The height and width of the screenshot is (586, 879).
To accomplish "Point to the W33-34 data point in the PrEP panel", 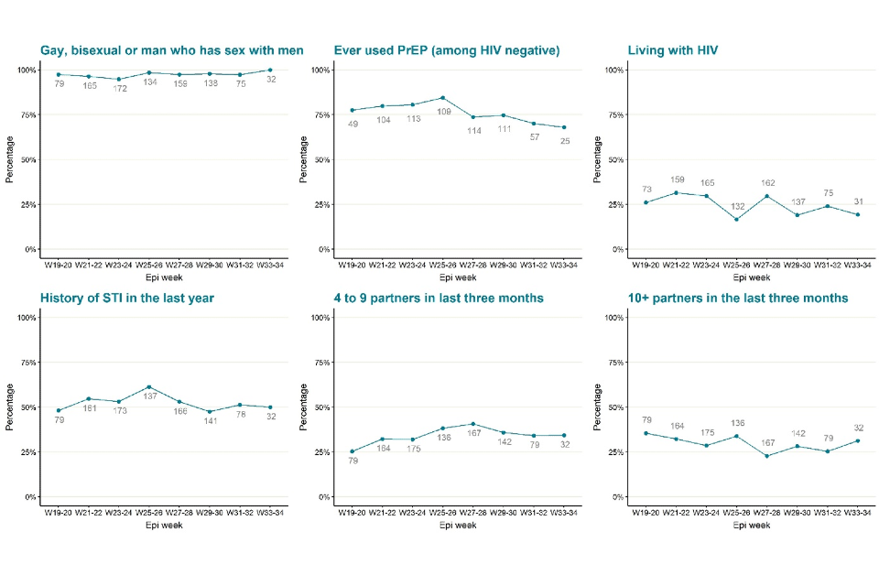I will point(563,127).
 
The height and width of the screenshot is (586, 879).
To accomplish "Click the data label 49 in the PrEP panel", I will point(352,123).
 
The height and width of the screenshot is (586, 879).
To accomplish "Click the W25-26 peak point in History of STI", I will point(149,387).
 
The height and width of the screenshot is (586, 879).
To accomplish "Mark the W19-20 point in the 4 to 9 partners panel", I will point(352,451).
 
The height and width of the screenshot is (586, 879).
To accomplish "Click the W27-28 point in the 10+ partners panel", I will point(767,456).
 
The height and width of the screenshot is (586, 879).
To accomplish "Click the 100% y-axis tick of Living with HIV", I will point(613,71).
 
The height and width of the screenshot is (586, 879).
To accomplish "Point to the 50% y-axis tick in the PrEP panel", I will point(320,160).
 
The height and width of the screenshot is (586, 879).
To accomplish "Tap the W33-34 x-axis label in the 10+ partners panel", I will point(858,514).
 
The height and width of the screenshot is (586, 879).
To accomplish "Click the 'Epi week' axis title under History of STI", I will point(164,526).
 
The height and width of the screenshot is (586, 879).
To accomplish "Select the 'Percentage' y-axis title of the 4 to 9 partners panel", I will point(303,407).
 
